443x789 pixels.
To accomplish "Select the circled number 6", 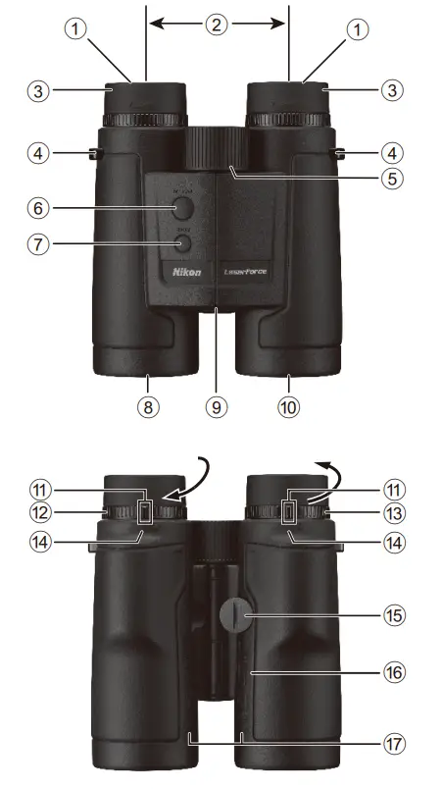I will click(x=38, y=208).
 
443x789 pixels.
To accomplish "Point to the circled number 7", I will click(x=38, y=243).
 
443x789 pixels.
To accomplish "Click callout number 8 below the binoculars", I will click(x=148, y=408).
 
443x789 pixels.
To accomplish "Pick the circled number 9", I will click(x=218, y=408).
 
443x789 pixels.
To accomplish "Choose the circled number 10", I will click(x=289, y=408).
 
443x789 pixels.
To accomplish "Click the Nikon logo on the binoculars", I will click(x=187, y=272).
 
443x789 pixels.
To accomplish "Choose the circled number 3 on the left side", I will click(x=38, y=90).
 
